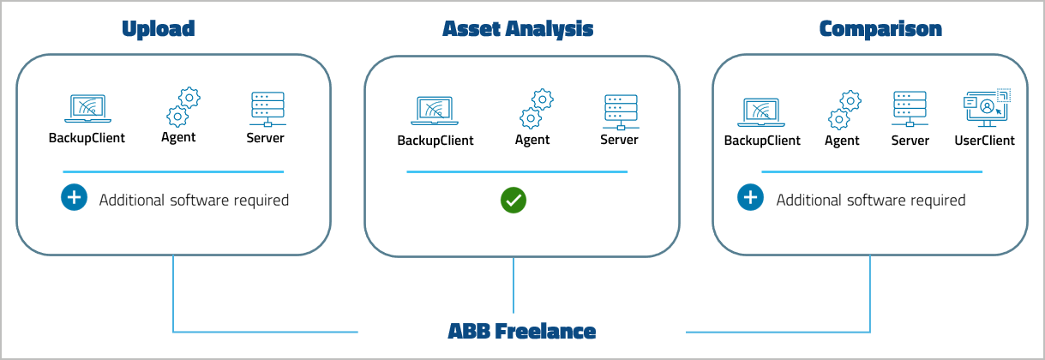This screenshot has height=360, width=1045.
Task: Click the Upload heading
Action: click(159, 28)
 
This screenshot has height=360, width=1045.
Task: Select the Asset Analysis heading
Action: click(518, 28)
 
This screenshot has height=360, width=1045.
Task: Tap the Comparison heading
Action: click(880, 28)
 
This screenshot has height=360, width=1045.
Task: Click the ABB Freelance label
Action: click(521, 331)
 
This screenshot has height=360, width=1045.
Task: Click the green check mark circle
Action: click(513, 201)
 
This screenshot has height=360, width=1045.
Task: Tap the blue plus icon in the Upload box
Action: click(75, 198)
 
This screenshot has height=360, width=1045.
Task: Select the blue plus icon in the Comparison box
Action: click(751, 198)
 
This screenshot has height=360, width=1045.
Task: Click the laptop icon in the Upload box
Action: click(86, 109)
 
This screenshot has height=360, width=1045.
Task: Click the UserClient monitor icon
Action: click(986, 108)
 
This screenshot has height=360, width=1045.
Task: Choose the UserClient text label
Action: click(984, 140)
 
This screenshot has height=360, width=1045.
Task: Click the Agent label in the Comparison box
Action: click(842, 141)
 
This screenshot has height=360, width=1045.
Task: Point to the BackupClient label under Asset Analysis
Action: click(435, 140)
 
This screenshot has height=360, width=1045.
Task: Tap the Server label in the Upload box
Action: click(266, 137)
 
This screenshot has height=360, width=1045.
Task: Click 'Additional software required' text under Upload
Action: click(194, 200)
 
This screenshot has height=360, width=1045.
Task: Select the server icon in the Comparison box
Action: click(910, 109)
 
